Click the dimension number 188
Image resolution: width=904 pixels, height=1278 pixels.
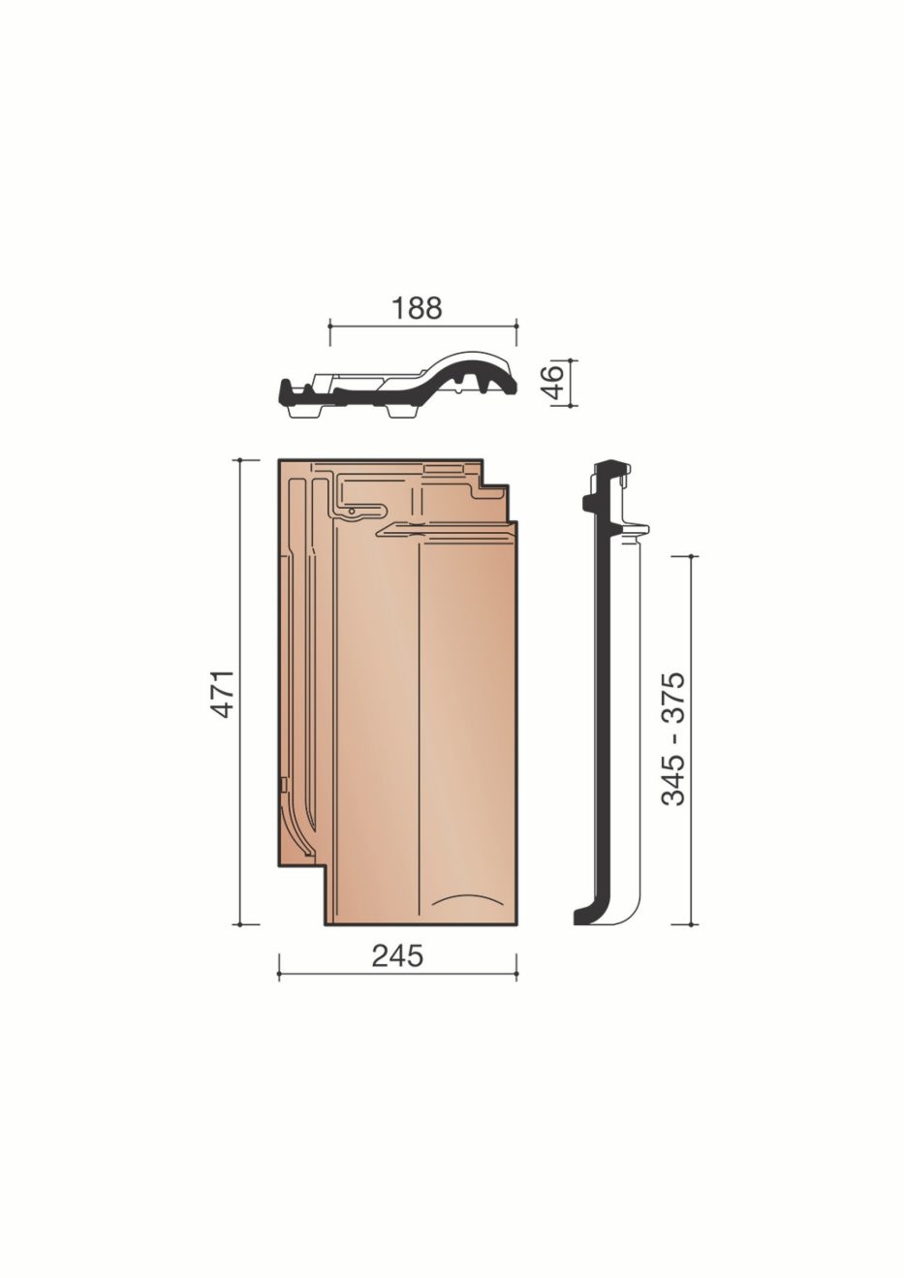[x=418, y=307]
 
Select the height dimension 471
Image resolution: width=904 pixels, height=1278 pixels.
[x=223, y=692]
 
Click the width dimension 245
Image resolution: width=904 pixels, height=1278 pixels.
[x=397, y=955]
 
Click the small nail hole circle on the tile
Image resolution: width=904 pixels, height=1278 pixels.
[x=353, y=510]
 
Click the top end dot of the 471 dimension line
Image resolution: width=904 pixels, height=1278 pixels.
[x=240, y=459]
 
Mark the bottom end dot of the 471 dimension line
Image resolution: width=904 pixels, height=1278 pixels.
[x=240, y=924]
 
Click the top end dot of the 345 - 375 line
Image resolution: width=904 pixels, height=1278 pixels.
[x=690, y=556]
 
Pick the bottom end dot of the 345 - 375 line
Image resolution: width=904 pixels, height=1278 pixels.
[x=690, y=924]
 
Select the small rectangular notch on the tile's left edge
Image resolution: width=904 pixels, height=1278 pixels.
[x=282, y=781]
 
